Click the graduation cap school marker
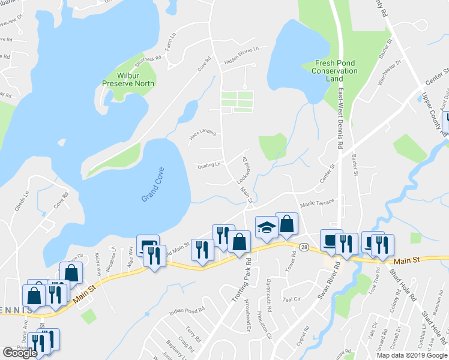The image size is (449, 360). [x=266, y=227]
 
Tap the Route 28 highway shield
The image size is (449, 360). [x=304, y=247]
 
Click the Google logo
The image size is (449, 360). [x=20, y=353]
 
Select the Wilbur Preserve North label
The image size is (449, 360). [x=127, y=80]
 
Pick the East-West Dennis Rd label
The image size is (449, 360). [x=340, y=119]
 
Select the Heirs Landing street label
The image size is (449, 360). [x=202, y=134]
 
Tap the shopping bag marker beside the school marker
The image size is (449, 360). [x=286, y=224]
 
